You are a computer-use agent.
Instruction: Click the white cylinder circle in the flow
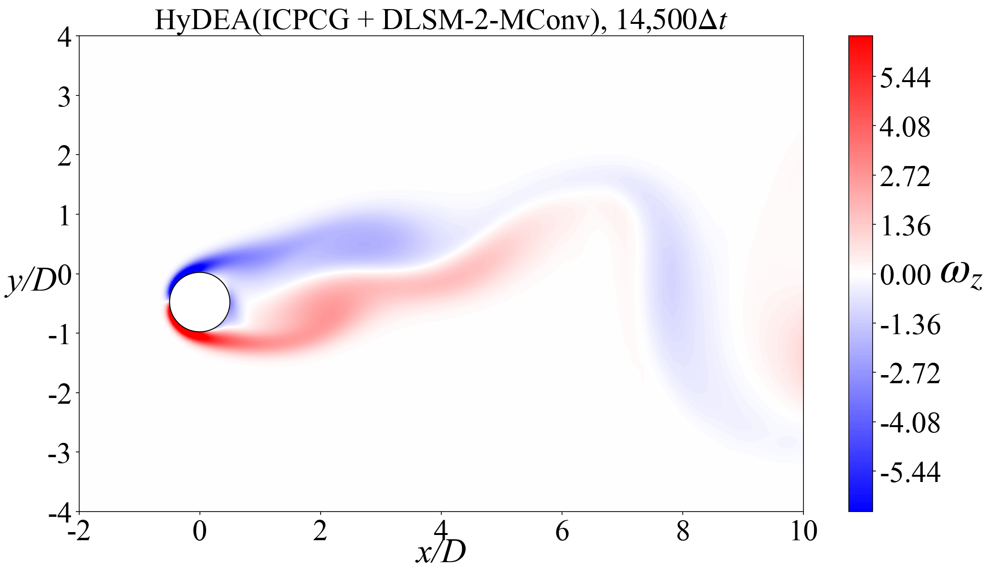pyautogui.click(x=199, y=302)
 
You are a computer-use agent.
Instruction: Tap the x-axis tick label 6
pyautogui.click(x=562, y=531)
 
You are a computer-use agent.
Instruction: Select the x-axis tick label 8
pyautogui.click(x=683, y=531)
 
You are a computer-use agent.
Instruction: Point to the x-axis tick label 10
pyautogui.click(x=804, y=531)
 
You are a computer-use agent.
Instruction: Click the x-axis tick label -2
pyautogui.click(x=79, y=531)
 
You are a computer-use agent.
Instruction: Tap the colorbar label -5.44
pyautogui.click(x=910, y=473)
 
